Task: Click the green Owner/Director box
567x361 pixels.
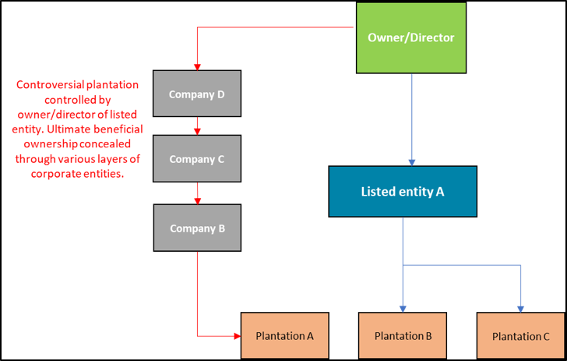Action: point(410,37)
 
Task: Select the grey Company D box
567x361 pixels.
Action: point(197,94)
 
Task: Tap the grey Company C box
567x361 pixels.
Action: point(197,158)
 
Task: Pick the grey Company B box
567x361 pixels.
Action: point(197,228)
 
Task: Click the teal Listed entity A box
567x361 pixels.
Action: point(402,191)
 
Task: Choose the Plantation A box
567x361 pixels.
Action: point(284,335)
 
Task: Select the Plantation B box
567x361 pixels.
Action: point(402,336)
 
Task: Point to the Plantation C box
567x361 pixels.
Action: point(520,336)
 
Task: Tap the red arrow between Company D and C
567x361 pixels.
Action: point(198,126)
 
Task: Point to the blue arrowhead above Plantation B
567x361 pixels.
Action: point(402,308)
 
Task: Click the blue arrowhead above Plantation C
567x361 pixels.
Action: point(520,308)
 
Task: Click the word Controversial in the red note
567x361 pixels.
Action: point(51,84)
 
